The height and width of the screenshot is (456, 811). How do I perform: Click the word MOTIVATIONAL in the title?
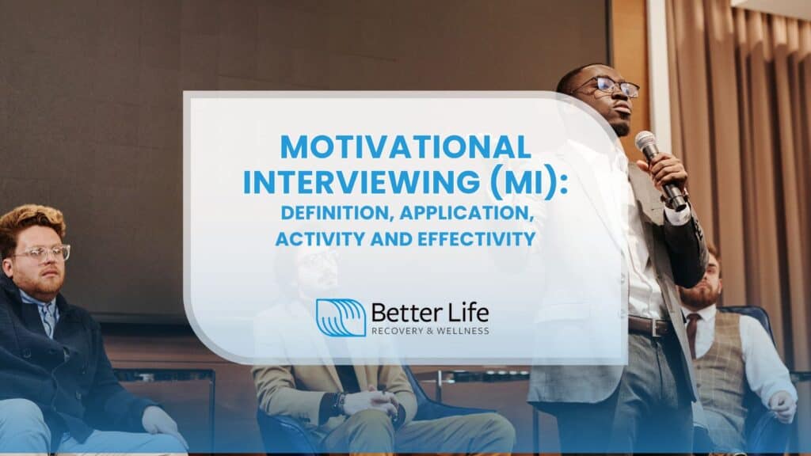[x=405, y=146]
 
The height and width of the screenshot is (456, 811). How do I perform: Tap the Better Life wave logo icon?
[x=341, y=317]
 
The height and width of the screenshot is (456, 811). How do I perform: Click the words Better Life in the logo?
[x=429, y=311]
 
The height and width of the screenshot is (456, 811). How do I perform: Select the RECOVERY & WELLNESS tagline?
[x=429, y=330]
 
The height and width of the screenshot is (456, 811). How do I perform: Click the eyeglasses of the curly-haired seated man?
[x=40, y=253]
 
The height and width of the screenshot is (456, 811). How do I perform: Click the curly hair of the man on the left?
[x=32, y=221]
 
